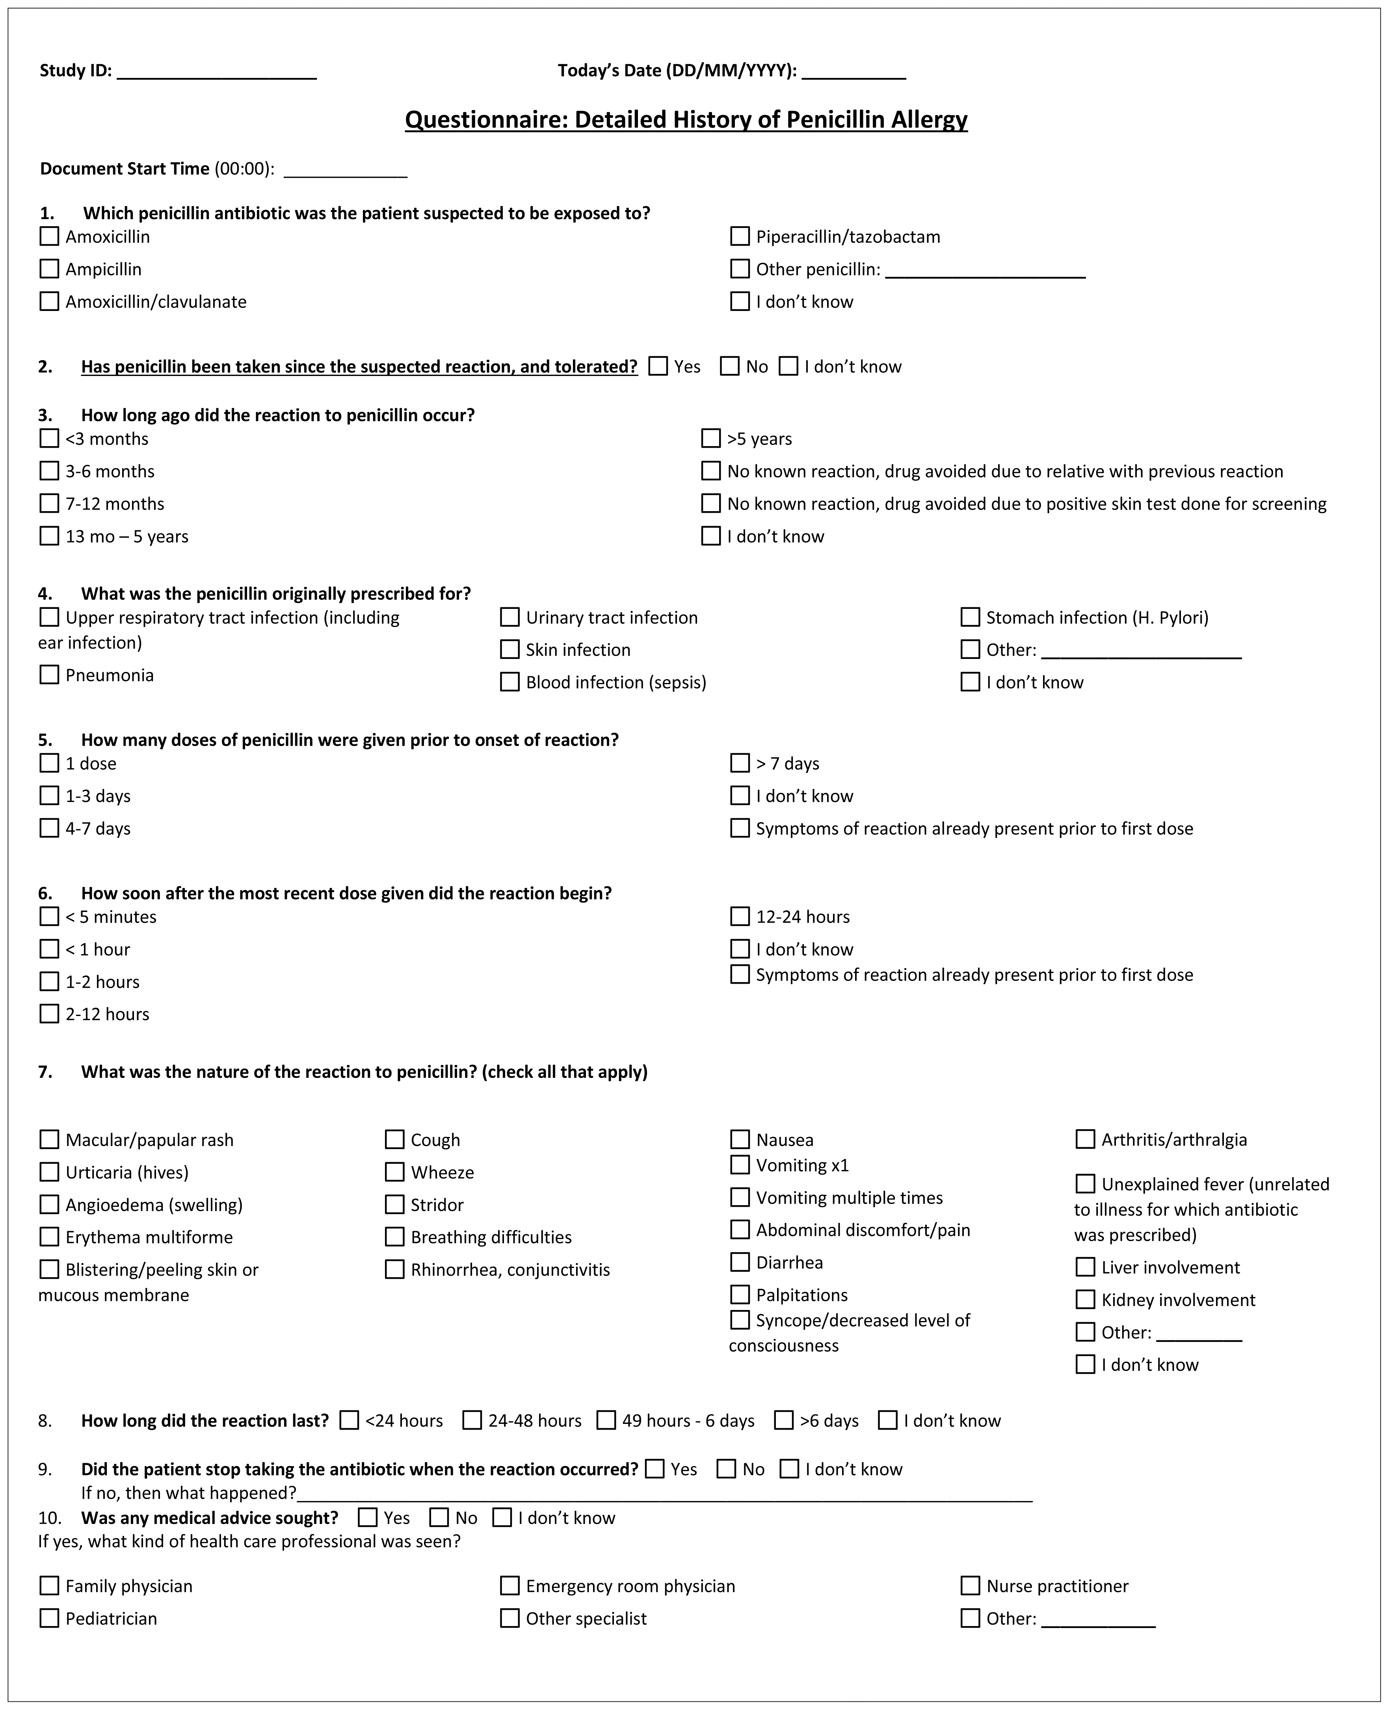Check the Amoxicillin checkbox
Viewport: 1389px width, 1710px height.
[x=50, y=236]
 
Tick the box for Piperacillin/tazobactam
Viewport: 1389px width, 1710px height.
[x=740, y=236]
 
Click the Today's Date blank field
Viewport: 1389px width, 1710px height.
[x=854, y=72]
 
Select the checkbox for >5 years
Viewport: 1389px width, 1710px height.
[x=710, y=439]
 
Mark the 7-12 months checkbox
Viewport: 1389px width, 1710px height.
[x=50, y=503]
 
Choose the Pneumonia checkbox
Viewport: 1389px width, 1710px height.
[x=50, y=675]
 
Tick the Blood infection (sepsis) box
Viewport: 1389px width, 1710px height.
[x=509, y=682]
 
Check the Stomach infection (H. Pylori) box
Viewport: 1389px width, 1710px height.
[x=970, y=617]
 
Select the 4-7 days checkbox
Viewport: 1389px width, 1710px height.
[x=50, y=828]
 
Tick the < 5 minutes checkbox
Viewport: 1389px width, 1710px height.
[x=50, y=916]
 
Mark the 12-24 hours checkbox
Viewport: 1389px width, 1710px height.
[x=740, y=916]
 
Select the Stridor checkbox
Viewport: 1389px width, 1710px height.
[x=394, y=1204]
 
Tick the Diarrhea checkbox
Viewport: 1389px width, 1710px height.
[x=740, y=1262]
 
